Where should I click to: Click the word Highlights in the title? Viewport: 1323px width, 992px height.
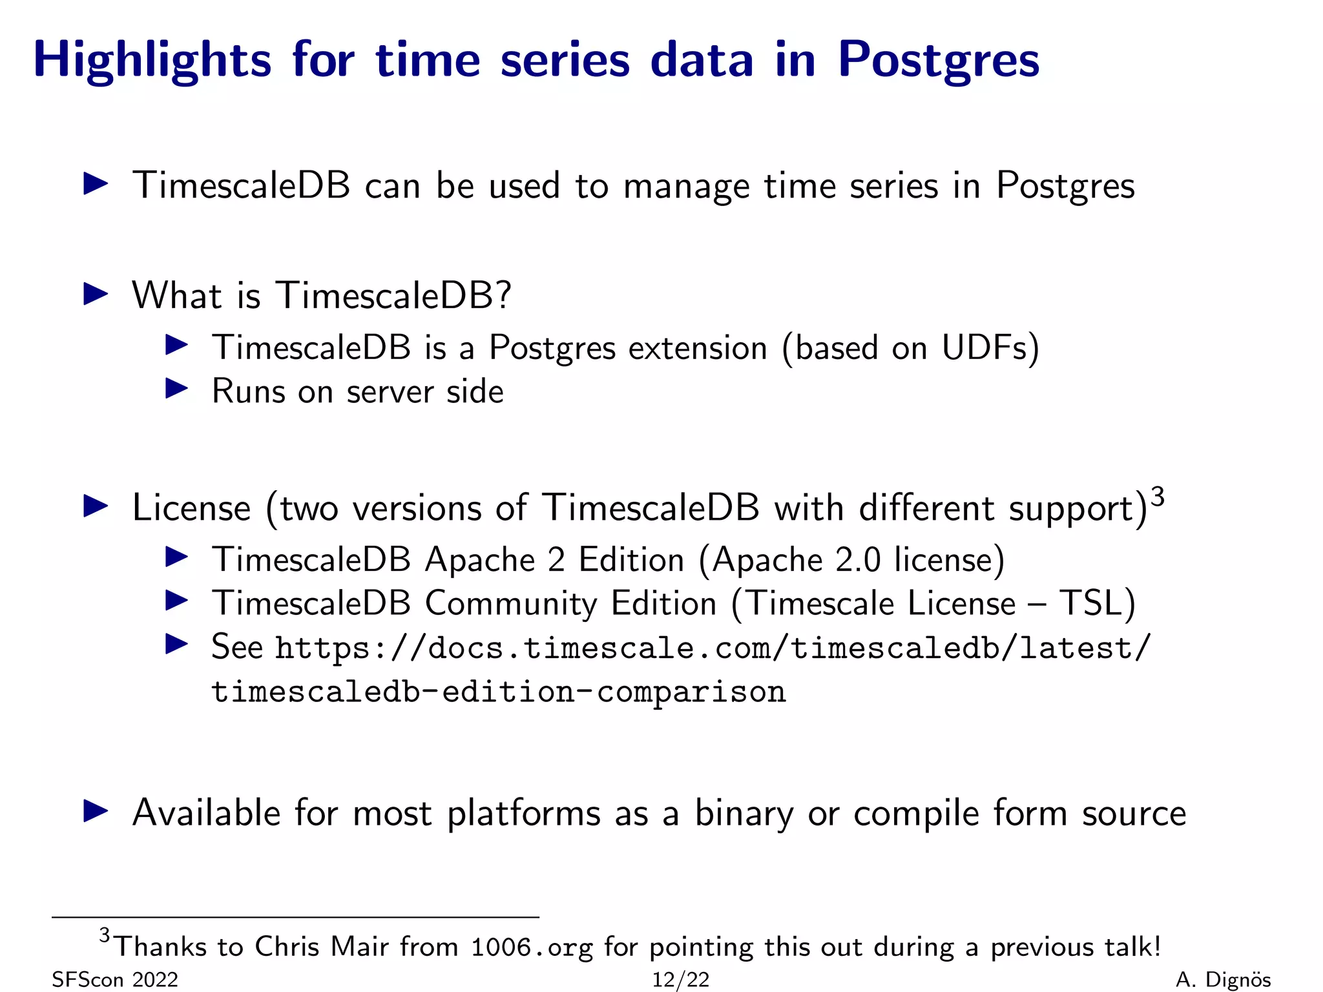pos(152,59)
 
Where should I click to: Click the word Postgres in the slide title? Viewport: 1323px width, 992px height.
pos(938,59)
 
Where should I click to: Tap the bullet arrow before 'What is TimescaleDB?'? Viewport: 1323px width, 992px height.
pos(96,294)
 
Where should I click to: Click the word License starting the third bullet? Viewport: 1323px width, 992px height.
pos(191,508)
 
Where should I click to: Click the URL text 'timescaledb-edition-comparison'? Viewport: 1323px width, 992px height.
pos(499,692)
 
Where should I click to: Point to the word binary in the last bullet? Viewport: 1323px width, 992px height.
pos(744,812)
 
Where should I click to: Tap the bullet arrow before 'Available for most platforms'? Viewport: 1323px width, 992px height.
pos(96,811)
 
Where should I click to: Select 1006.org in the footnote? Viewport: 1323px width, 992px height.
pos(531,947)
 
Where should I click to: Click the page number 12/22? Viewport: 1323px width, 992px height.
pos(680,980)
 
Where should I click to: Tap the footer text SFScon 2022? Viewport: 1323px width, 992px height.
pos(115,980)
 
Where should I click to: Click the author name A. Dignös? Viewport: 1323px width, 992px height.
pos(1223,980)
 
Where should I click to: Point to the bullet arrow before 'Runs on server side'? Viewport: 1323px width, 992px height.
pos(176,389)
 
